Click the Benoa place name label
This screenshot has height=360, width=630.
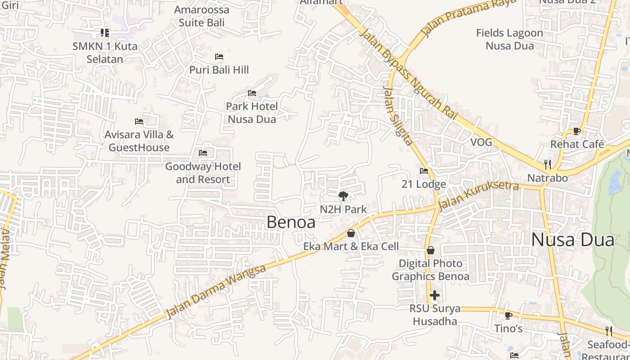pyautogui.click(x=291, y=222)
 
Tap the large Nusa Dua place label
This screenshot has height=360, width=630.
pyautogui.click(x=572, y=240)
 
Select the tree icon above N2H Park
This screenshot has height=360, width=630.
pyautogui.click(x=343, y=196)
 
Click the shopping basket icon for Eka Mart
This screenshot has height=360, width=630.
pyautogui.click(x=351, y=233)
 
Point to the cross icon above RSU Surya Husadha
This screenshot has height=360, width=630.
pyautogui.click(x=434, y=295)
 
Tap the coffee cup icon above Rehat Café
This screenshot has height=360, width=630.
pyautogui.click(x=577, y=131)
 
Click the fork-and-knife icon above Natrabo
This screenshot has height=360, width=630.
pyautogui.click(x=547, y=164)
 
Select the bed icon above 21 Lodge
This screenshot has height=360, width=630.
pyautogui.click(x=423, y=171)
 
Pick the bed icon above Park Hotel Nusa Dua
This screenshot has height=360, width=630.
pyautogui.click(x=252, y=93)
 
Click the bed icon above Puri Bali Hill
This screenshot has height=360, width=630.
pyautogui.click(x=219, y=57)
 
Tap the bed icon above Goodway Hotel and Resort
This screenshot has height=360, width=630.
pyautogui.click(x=203, y=153)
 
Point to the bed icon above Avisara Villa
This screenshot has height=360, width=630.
pyautogui.click(x=139, y=121)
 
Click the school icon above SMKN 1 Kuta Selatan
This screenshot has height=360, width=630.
pyautogui.click(x=105, y=32)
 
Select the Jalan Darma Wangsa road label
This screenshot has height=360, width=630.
pyautogui.click(x=216, y=292)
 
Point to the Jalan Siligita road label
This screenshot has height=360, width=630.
pyautogui.click(x=397, y=116)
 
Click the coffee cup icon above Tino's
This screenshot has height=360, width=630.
pyautogui.click(x=508, y=315)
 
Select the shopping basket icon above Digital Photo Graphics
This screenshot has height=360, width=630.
pyautogui.click(x=431, y=250)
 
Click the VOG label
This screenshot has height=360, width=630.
pyautogui.click(x=481, y=143)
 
